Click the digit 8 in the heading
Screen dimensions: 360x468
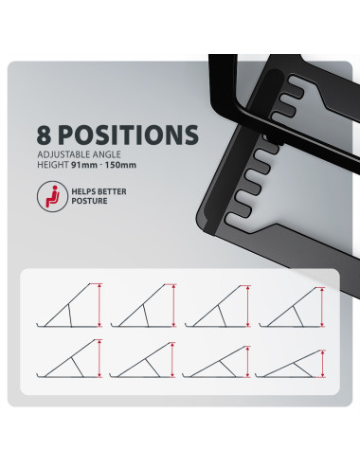[44, 135]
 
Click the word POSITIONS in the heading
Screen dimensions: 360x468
[128, 135]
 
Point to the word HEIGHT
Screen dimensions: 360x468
[53, 165]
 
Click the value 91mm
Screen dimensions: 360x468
[84, 165]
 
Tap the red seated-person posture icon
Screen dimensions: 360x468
[52, 196]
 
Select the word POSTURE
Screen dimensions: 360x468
[89, 201]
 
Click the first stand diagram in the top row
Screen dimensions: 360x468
[69, 305]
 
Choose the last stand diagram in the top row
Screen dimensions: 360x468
[292, 307]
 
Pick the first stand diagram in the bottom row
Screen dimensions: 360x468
[69, 359]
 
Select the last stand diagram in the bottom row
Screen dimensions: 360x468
[290, 364]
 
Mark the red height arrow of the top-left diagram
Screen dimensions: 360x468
[99, 305]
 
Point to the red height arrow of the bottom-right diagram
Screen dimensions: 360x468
[323, 364]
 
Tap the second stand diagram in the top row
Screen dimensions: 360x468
[143, 305]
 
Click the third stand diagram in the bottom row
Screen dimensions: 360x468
[216, 362]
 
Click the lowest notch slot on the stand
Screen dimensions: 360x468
[238, 218]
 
